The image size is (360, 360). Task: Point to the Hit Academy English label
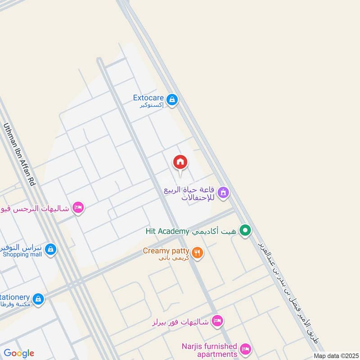tap(167, 231)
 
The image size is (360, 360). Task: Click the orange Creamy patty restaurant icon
tap(197, 253)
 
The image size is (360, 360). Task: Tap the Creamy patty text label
tap(166, 251)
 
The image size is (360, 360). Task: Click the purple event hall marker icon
tap(223, 193)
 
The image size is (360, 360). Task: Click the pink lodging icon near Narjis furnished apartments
tap(245, 349)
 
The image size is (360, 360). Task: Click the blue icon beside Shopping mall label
tap(50, 248)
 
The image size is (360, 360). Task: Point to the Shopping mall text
tap(22, 255)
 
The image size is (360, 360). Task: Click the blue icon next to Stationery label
tap(39, 298)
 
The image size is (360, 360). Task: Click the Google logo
tap(19, 353)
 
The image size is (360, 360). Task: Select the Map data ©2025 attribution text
tap(335, 355)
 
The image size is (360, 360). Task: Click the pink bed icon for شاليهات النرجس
tap(78, 207)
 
